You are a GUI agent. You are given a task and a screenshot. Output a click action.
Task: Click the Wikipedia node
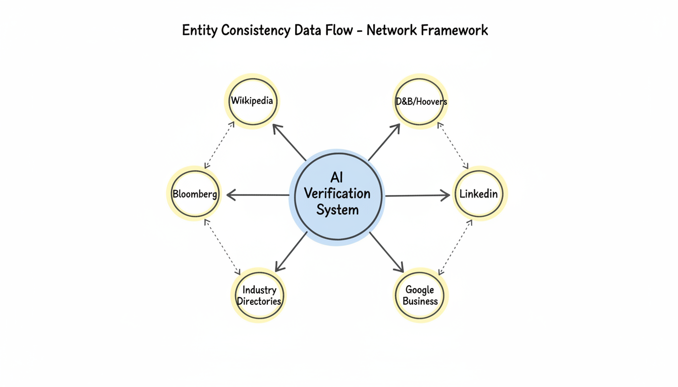click(252, 101)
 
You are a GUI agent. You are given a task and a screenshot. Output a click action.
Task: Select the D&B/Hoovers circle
click(420, 101)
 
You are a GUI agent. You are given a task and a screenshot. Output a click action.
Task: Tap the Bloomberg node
click(195, 194)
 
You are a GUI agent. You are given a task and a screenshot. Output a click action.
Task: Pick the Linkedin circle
click(478, 194)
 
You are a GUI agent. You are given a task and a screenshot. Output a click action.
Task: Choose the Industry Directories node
click(259, 296)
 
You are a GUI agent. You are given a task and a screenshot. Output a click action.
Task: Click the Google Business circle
click(420, 296)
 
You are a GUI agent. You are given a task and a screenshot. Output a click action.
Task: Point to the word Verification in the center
click(337, 193)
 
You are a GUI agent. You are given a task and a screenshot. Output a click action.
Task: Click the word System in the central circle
click(337, 209)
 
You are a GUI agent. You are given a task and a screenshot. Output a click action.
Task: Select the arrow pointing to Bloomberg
click(257, 195)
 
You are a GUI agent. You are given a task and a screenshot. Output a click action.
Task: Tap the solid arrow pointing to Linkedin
click(418, 195)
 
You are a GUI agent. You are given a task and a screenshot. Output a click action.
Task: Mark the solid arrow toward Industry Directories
click(291, 251)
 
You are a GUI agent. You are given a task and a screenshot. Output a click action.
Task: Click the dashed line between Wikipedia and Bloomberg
click(219, 145)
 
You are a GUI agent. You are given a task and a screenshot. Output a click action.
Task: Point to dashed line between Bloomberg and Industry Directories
click(222, 247)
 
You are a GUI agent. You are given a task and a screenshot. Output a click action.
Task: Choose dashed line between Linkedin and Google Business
click(456, 247)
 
